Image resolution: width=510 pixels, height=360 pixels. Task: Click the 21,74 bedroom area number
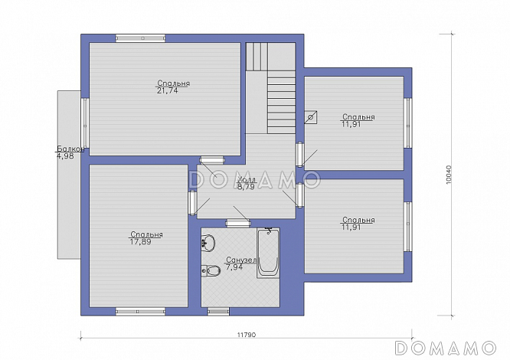pyautogui.click(x=168, y=90)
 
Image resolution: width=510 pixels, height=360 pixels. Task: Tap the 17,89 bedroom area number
pyautogui.click(x=140, y=242)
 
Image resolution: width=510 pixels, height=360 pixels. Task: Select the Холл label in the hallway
pyautogui.click(x=247, y=180)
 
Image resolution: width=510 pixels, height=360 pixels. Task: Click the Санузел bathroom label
pyautogui.click(x=242, y=260)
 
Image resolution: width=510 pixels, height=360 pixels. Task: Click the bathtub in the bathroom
pyautogui.click(x=268, y=253)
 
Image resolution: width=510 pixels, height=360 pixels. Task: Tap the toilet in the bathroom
pyautogui.click(x=211, y=270)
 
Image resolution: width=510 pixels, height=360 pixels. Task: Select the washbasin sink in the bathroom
pyautogui.click(x=208, y=242)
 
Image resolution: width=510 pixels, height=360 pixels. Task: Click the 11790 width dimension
pyautogui.click(x=247, y=335)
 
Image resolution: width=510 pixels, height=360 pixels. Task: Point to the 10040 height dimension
pyautogui.click(x=449, y=175)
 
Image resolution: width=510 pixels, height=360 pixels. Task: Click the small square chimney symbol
pyautogui.click(x=311, y=117)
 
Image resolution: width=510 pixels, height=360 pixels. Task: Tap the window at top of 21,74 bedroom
pyautogui.click(x=140, y=38)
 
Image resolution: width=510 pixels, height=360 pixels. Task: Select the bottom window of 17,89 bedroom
pyautogui.click(x=140, y=312)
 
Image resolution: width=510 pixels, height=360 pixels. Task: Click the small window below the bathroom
pyautogui.click(x=218, y=312)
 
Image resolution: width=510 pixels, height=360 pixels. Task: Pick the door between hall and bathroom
pyautogui.click(x=238, y=223)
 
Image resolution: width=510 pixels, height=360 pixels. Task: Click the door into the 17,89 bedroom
pyautogui.click(x=192, y=203)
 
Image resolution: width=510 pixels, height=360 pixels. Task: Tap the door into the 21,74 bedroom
pyautogui.click(x=212, y=160)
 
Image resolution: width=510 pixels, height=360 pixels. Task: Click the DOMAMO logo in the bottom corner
pyautogui.click(x=445, y=348)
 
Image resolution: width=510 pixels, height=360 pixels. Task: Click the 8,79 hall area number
pyautogui.click(x=246, y=187)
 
